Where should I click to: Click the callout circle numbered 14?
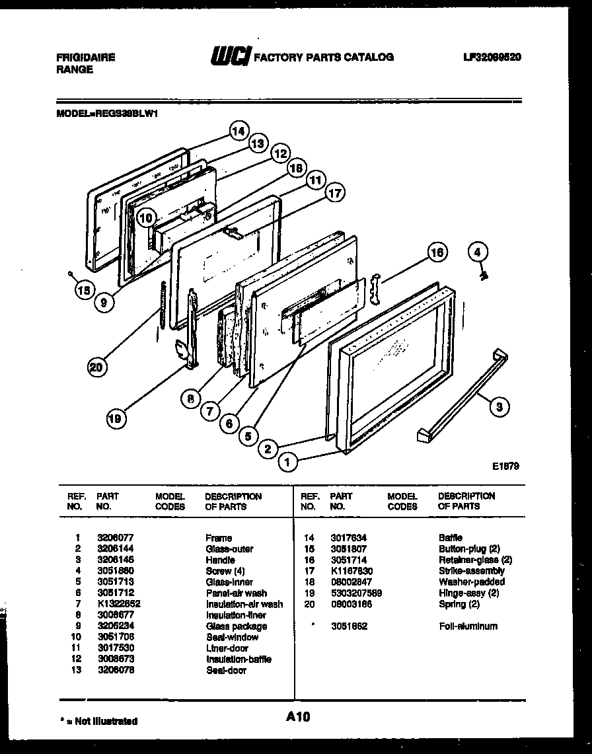point(239,131)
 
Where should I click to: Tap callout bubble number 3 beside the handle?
point(499,407)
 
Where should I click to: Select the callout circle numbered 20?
point(98,368)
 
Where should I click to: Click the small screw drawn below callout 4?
point(483,274)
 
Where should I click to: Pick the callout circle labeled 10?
point(147,217)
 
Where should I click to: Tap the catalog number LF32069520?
point(492,57)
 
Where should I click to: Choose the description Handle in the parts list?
point(220,560)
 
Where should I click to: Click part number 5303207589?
point(356,593)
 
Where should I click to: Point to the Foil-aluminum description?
point(468,626)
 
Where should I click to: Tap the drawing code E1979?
point(505,466)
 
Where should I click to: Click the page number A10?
point(298,716)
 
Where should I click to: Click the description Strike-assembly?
point(471,571)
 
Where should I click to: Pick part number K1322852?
point(118,604)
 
